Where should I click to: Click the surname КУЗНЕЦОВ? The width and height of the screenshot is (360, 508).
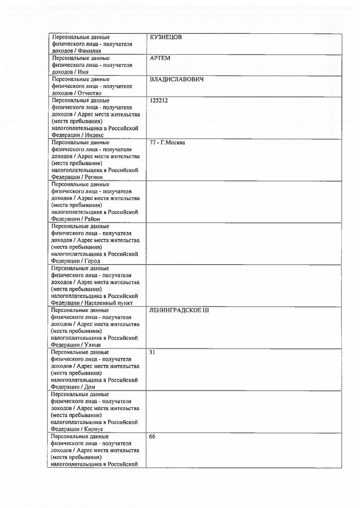166,37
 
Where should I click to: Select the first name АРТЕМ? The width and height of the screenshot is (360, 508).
160,58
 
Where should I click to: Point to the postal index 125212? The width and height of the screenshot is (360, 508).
159,101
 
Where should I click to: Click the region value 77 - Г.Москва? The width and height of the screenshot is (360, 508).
167,143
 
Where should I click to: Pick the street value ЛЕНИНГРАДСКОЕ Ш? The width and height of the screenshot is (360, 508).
179,310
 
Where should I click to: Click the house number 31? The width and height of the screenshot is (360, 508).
153,352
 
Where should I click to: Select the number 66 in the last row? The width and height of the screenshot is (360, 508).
153,436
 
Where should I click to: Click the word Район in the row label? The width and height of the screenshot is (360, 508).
93,219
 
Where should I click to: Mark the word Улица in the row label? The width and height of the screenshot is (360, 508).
93,345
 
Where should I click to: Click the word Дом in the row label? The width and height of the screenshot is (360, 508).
90,387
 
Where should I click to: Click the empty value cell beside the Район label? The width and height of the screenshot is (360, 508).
244,202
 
